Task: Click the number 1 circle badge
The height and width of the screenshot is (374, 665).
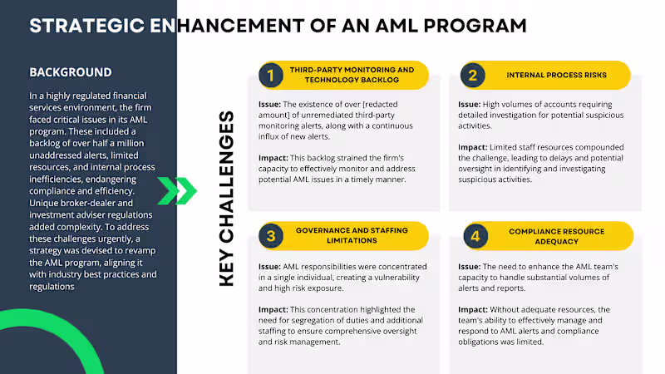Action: [x=271, y=76]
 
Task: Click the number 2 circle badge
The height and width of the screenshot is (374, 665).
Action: [x=472, y=76]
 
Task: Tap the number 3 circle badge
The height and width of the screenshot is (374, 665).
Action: [x=271, y=236]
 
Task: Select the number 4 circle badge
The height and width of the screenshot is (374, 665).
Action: [x=475, y=236]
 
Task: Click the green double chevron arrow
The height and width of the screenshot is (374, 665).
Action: [x=177, y=191]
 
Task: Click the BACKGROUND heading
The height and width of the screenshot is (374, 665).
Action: [x=71, y=72]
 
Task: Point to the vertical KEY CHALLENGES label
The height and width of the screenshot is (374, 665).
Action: [x=227, y=199]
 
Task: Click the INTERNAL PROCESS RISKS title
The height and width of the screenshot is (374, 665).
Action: [x=556, y=75]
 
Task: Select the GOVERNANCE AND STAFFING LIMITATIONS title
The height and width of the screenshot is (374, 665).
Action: [x=352, y=235]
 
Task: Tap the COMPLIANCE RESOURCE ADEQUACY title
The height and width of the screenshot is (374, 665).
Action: [x=556, y=236]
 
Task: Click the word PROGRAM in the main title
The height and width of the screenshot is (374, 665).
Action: [x=475, y=26]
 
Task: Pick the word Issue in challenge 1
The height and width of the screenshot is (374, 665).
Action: [x=269, y=105]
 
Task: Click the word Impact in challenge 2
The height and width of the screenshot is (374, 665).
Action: [x=473, y=148]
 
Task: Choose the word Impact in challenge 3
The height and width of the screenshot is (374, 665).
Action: [x=273, y=310]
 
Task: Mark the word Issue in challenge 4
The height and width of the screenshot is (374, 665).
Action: [x=469, y=267]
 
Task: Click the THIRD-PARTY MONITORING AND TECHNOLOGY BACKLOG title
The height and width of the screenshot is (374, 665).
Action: [x=352, y=75]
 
